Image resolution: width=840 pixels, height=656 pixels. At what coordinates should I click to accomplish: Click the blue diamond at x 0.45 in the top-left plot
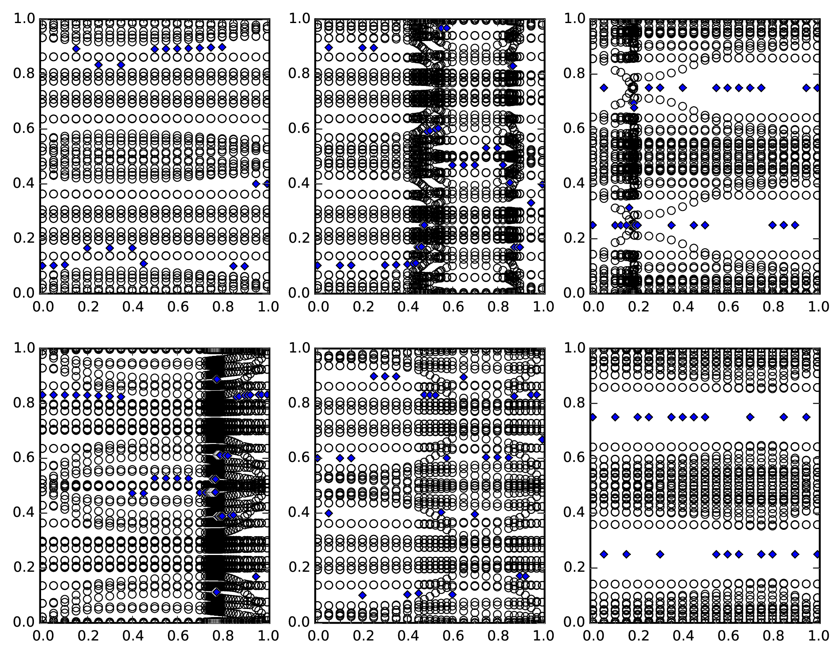point(144,263)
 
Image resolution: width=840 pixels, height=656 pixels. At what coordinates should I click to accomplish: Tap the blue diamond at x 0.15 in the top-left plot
point(76,49)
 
